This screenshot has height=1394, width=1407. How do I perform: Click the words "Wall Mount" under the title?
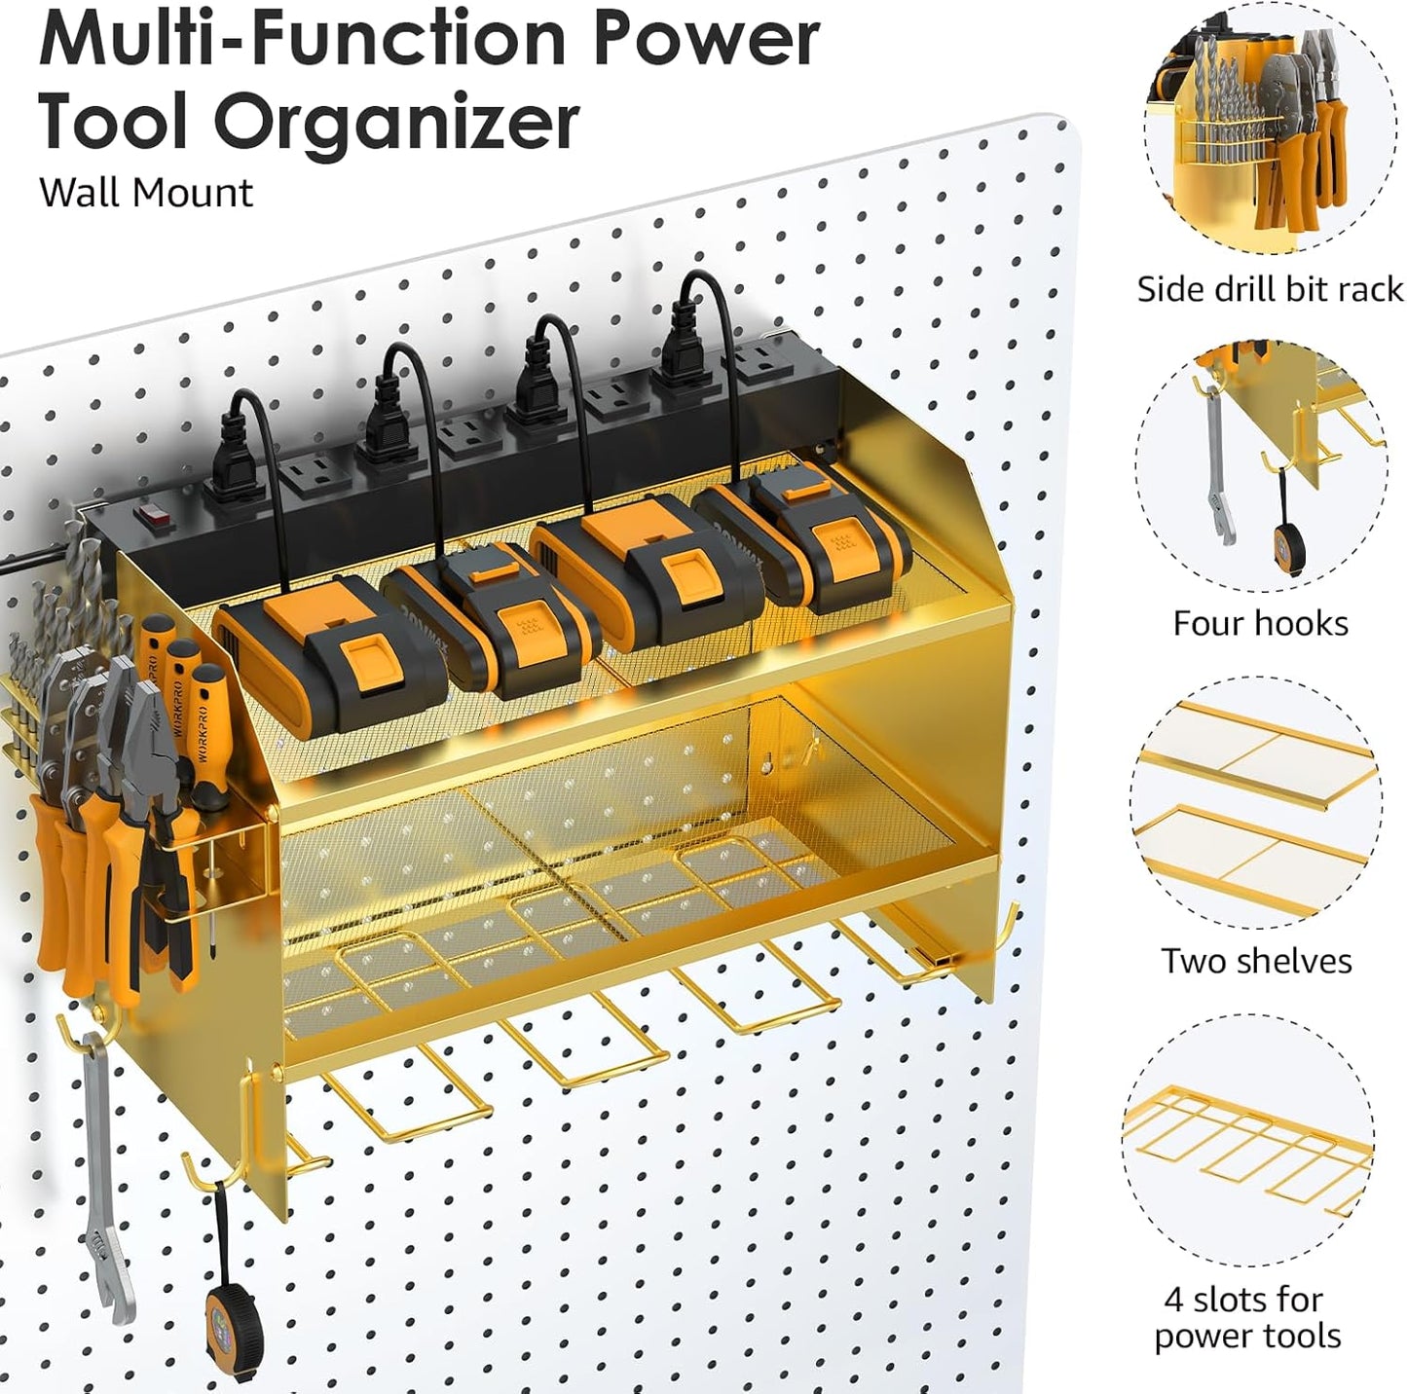coord(146,193)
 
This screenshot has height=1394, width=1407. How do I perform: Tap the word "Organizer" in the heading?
coord(397,123)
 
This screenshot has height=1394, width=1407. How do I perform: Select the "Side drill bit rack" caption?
coord(1270,289)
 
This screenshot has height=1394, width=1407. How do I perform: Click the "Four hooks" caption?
coord(1260,623)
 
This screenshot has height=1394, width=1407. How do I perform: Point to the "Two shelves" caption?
coord(1256,961)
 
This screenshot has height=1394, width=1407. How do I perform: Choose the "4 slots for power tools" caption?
coord(1247,1318)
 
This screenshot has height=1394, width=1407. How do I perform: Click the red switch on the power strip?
coord(148,517)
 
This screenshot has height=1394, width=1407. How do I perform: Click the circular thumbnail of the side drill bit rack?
coord(1268,127)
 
